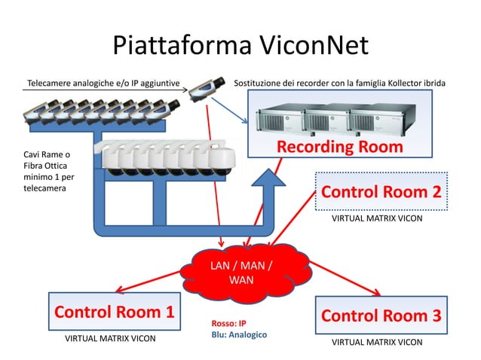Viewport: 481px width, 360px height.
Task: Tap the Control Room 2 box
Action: tap(381, 192)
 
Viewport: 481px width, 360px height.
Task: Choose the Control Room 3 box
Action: tap(381, 316)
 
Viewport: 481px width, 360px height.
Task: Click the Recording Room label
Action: tap(339, 147)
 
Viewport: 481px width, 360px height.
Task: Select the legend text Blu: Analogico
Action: tap(240, 334)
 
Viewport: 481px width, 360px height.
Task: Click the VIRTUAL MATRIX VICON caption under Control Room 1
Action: tap(110, 339)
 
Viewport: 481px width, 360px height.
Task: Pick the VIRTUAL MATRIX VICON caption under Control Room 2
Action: tap(377, 218)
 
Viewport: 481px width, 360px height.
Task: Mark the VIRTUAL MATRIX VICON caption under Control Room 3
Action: tap(377, 342)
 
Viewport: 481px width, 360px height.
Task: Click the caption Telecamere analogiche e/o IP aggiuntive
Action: tap(100, 81)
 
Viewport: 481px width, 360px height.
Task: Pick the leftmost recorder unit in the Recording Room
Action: tap(279, 118)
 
